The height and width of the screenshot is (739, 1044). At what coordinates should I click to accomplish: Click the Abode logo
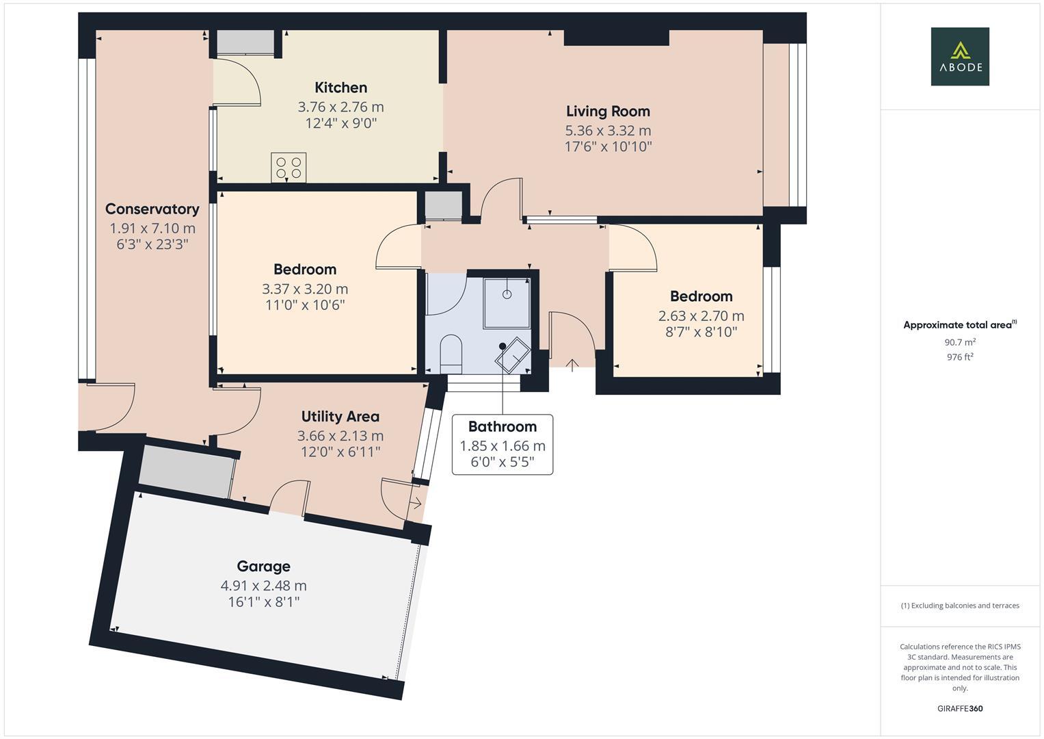(959, 56)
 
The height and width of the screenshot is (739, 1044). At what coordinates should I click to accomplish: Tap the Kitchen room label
(340, 88)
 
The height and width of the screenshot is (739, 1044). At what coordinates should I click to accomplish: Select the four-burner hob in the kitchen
(289, 167)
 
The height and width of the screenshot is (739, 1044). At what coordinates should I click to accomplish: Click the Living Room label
(608, 111)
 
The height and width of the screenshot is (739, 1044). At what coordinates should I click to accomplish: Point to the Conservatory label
(152, 209)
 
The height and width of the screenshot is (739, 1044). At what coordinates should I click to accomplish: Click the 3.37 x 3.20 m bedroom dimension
(305, 289)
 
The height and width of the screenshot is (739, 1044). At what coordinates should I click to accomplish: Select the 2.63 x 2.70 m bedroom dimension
(701, 315)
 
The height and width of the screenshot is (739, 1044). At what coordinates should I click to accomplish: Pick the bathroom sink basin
(513, 356)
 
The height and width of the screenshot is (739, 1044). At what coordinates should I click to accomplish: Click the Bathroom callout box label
(502, 426)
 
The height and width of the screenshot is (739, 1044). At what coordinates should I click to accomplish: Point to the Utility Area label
(340, 416)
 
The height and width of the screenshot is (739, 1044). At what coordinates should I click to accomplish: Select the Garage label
(263, 566)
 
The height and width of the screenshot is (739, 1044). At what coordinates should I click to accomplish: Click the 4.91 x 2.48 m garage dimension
(263, 586)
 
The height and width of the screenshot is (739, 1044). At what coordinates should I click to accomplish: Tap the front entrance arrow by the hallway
(572, 364)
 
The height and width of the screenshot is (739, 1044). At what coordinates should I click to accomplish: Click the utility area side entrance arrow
(415, 504)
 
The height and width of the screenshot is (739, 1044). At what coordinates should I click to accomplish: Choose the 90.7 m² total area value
(959, 342)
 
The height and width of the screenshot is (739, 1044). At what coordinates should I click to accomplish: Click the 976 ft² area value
(959, 356)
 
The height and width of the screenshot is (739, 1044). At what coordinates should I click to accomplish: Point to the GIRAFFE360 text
(959, 708)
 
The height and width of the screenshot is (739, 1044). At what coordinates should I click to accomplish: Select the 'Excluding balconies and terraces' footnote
(959, 606)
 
